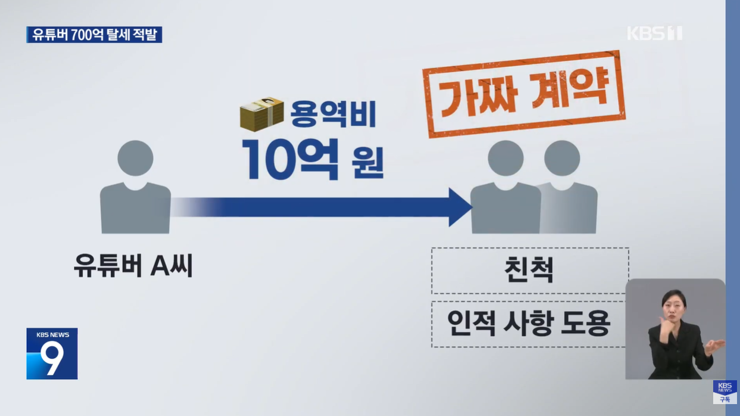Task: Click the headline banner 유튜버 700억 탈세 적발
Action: point(94,35)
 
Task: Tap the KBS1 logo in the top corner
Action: point(654,33)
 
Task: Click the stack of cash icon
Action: point(261,113)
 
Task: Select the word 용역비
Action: point(333,114)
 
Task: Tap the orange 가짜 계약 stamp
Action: point(524,94)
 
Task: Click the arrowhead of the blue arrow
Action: point(460,207)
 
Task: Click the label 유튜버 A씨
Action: point(133,265)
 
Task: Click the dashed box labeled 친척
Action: point(529,270)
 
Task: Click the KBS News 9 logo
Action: point(52,353)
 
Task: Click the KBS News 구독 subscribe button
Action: point(725,392)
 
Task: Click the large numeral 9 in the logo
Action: point(52,358)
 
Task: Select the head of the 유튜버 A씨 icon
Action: point(135,159)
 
